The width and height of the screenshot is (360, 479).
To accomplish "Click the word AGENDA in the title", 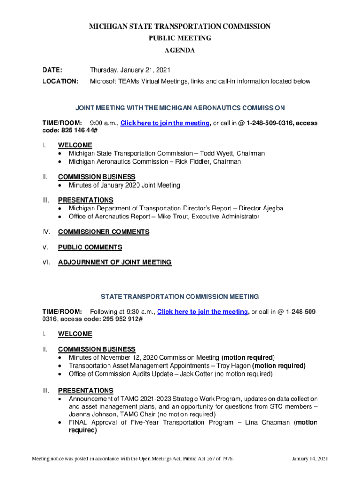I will pyautogui.click(x=180, y=51).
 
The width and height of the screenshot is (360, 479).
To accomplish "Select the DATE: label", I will pyautogui.click(x=52, y=70).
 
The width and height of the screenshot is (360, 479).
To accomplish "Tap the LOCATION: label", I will pyautogui.click(x=60, y=81).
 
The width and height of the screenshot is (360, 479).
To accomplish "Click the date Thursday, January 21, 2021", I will pyautogui.click(x=130, y=70).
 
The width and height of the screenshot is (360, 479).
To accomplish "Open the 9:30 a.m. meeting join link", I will pyautogui.click(x=203, y=312).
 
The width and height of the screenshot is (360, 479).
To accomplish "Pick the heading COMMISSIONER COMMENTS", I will pyautogui.click(x=103, y=232).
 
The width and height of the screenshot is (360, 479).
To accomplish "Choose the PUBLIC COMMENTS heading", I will pyautogui.click(x=90, y=247).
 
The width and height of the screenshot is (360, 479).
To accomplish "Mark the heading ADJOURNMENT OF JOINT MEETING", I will pyautogui.click(x=115, y=262).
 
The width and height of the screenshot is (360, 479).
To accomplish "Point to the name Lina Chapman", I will pyautogui.click(x=266, y=422).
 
